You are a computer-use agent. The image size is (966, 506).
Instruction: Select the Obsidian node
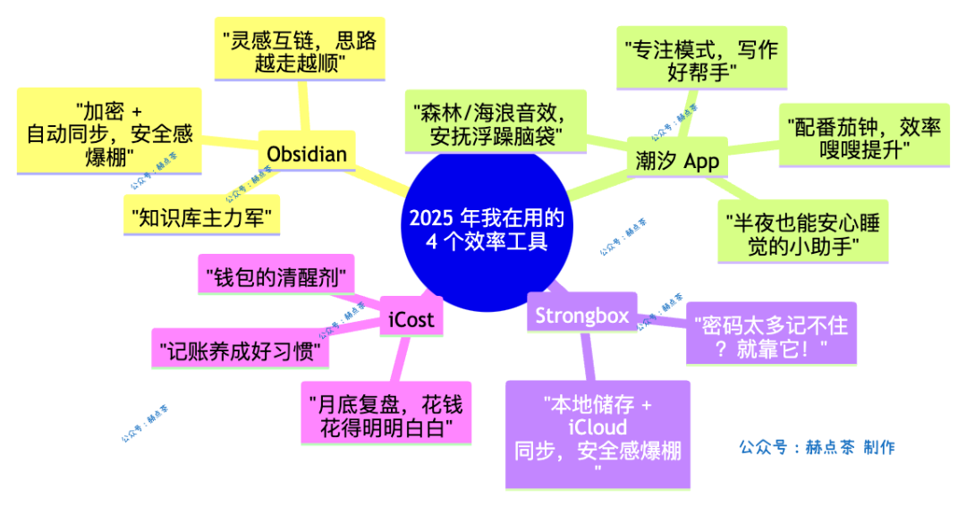coord(307,155)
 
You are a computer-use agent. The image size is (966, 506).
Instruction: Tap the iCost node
coord(411,319)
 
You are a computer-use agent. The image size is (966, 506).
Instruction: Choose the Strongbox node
coord(581,315)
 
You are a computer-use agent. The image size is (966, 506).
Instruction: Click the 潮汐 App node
coord(676,160)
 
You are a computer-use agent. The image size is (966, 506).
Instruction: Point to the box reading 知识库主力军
coord(200,215)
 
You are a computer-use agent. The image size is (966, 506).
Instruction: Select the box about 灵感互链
coord(300,52)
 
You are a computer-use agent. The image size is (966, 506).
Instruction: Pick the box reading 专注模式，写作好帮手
coord(702,60)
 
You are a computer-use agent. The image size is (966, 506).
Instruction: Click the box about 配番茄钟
coord(863,137)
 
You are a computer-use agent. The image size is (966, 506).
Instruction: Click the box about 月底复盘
coord(386,412)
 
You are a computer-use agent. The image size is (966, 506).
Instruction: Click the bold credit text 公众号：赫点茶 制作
coord(816,447)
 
